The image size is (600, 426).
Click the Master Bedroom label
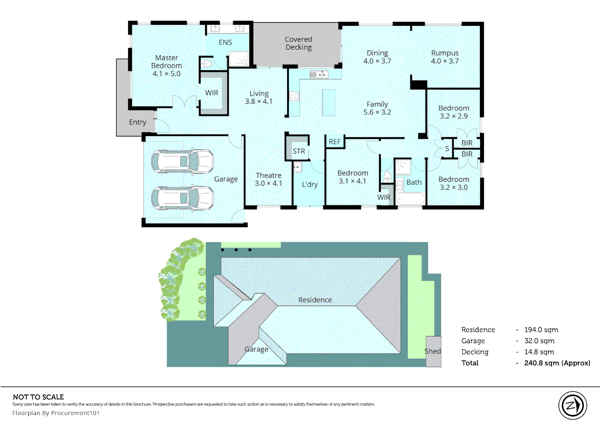pos(166,65)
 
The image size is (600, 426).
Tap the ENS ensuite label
pos(225,43)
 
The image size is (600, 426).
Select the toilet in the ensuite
pos(207,64)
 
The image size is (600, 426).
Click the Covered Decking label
pos(298,43)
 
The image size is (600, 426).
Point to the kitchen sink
pos(319,74)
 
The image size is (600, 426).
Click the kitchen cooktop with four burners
pos(294,96)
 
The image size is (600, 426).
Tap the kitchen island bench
pos(329,102)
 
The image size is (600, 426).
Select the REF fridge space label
pos(335,142)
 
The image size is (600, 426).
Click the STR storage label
pos(299,151)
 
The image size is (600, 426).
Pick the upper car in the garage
pos(182,161)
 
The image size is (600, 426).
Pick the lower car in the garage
pos(182,198)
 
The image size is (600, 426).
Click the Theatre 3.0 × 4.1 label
pos(268,179)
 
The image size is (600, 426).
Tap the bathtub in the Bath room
pos(410,198)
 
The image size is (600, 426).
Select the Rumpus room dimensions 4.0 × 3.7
pos(445,61)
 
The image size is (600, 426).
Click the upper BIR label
pos(467,143)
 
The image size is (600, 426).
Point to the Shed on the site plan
pos(433,351)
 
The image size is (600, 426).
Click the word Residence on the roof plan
pos(315,300)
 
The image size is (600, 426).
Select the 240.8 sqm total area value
pos(557,363)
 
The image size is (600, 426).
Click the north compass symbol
pos(572,405)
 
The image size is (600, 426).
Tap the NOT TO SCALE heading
pos(38,397)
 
